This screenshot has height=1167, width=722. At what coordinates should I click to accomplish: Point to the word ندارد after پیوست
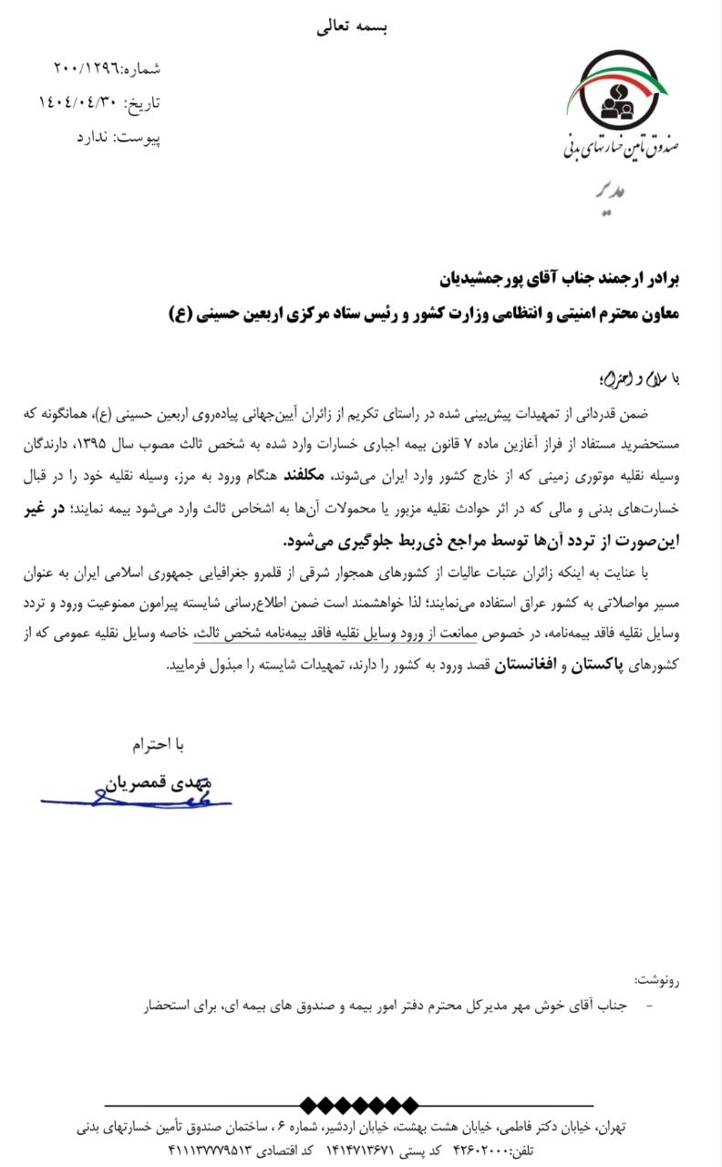[93, 137]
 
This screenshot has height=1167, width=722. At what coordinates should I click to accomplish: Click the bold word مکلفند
[310, 476]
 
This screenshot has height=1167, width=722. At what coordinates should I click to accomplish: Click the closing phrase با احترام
[158, 745]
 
